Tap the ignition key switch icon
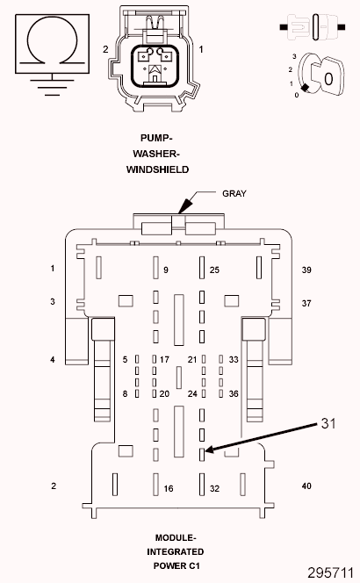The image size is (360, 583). tap(320, 76)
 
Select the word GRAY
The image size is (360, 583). tap(234, 191)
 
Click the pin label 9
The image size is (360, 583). tap(166, 269)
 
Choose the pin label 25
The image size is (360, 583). tap(214, 269)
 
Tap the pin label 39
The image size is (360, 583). tap(307, 269)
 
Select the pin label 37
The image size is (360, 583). tap(307, 302)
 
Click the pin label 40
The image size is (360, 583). tap(307, 486)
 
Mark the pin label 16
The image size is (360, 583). tap(167, 487)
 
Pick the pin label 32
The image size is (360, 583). tap(215, 487)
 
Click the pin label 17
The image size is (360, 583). tap(164, 359)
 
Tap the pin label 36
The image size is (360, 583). tap(234, 393)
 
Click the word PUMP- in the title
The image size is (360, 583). tap(157, 137)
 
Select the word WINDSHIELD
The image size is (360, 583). tap(157, 169)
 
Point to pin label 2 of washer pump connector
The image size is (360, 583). tap(105, 49)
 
